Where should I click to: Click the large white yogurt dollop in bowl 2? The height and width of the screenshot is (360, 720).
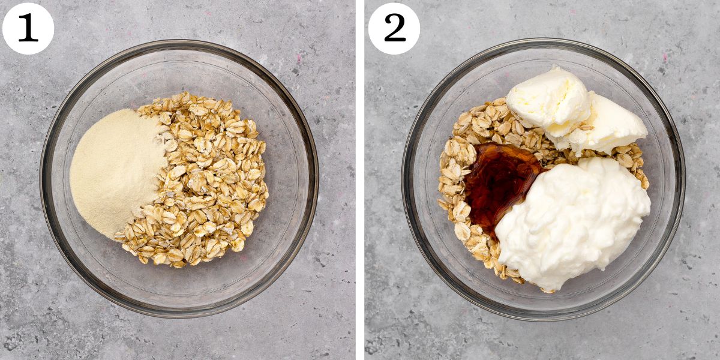[x=576, y=222]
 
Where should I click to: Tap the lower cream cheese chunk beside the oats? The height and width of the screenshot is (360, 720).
[x=609, y=126]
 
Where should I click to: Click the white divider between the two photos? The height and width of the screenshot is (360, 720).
[x=360, y=180]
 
